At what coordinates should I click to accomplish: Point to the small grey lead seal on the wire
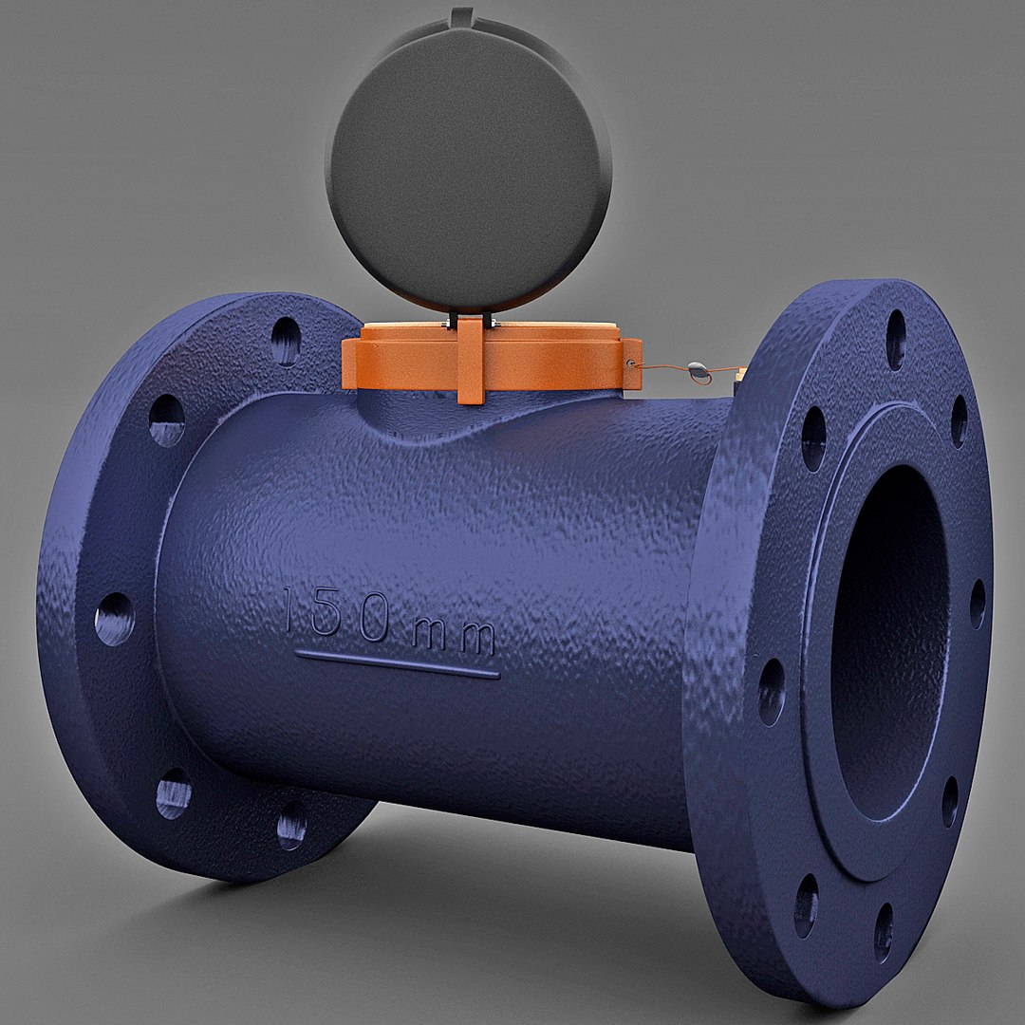click(x=698, y=371)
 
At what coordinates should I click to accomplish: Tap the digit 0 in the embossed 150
click(x=373, y=623)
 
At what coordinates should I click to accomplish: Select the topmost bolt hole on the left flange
click(x=286, y=340)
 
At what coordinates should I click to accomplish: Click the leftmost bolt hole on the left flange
click(x=114, y=619)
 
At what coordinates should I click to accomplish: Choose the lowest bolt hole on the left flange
click(x=291, y=825)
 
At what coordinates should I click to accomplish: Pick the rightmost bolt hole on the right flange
click(x=978, y=604)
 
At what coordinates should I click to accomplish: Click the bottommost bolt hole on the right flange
click(x=884, y=931)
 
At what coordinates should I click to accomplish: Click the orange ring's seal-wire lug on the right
click(x=630, y=365)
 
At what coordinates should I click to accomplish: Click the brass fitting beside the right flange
click(x=741, y=380)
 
